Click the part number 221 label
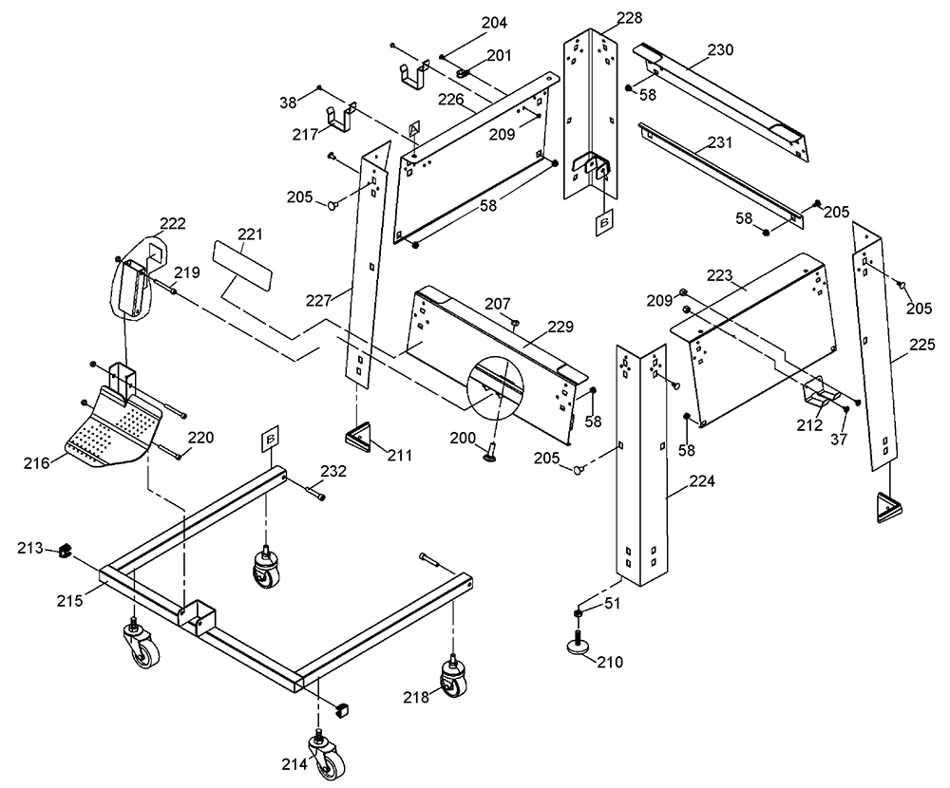tap(250, 234)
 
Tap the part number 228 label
tap(630, 18)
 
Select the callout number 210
tap(610, 662)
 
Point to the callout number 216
tap(36, 463)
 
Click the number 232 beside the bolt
tap(333, 471)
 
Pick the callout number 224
tap(702, 481)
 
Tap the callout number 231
tap(720, 142)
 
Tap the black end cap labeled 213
tap(65, 552)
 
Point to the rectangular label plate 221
tap(242, 264)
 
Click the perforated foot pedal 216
tap(114, 429)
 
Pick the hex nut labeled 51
tap(578, 615)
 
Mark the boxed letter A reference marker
tap(414, 129)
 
